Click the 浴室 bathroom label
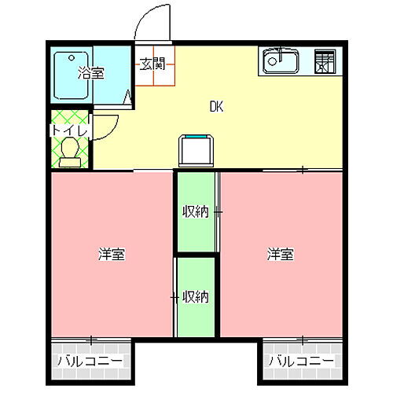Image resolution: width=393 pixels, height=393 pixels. pos(91,74)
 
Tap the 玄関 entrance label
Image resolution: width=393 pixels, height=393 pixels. pos(152,64)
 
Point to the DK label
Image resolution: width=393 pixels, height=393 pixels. pos(216,107)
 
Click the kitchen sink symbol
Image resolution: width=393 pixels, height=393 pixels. pos(279,61)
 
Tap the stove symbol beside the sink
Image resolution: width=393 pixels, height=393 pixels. pos(324,62)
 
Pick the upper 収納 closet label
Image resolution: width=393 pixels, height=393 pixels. pos(195,211)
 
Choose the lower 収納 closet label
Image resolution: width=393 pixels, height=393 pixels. pos(195,296)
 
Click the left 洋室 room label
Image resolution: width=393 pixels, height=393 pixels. pos(112,254)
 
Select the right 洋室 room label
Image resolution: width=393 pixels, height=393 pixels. pos(280,254)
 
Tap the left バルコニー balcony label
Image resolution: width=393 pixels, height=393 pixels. pos(90,362)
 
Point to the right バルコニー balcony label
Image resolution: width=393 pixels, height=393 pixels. pos(302,362)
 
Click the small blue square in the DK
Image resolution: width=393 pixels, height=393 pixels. pos(196,150)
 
